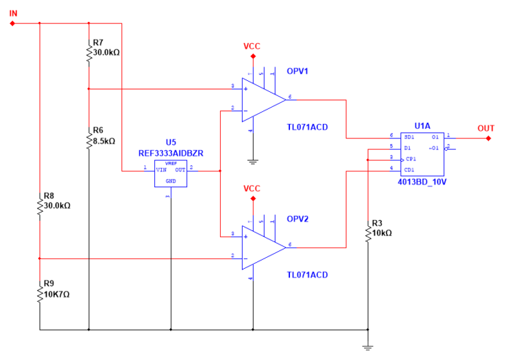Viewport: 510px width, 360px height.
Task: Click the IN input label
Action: pyautogui.click(x=12, y=12)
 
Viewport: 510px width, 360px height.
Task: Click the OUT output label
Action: pyautogui.click(x=486, y=128)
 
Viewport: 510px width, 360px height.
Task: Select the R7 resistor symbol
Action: pyautogui.click(x=89, y=53)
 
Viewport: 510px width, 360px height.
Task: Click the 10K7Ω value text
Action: pyautogui.click(x=58, y=294)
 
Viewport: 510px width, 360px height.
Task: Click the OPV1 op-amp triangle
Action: pyautogui.click(x=261, y=99)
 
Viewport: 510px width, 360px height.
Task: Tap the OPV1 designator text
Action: pyautogui.click(x=297, y=71)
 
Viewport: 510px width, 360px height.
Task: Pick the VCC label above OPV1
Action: pyautogui.click(x=252, y=47)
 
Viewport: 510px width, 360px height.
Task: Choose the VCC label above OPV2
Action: pyautogui.click(x=252, y=189)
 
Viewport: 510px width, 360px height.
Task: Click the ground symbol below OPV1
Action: pyautogui.click(x=252, y=161)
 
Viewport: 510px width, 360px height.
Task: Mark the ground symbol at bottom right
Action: pyautogui.click(x=368, y=346)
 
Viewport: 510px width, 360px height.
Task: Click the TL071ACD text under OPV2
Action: pyautogui.click(x=307, y=275)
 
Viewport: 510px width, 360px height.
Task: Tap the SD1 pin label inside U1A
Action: pyautogui.click(x=406, y=136)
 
